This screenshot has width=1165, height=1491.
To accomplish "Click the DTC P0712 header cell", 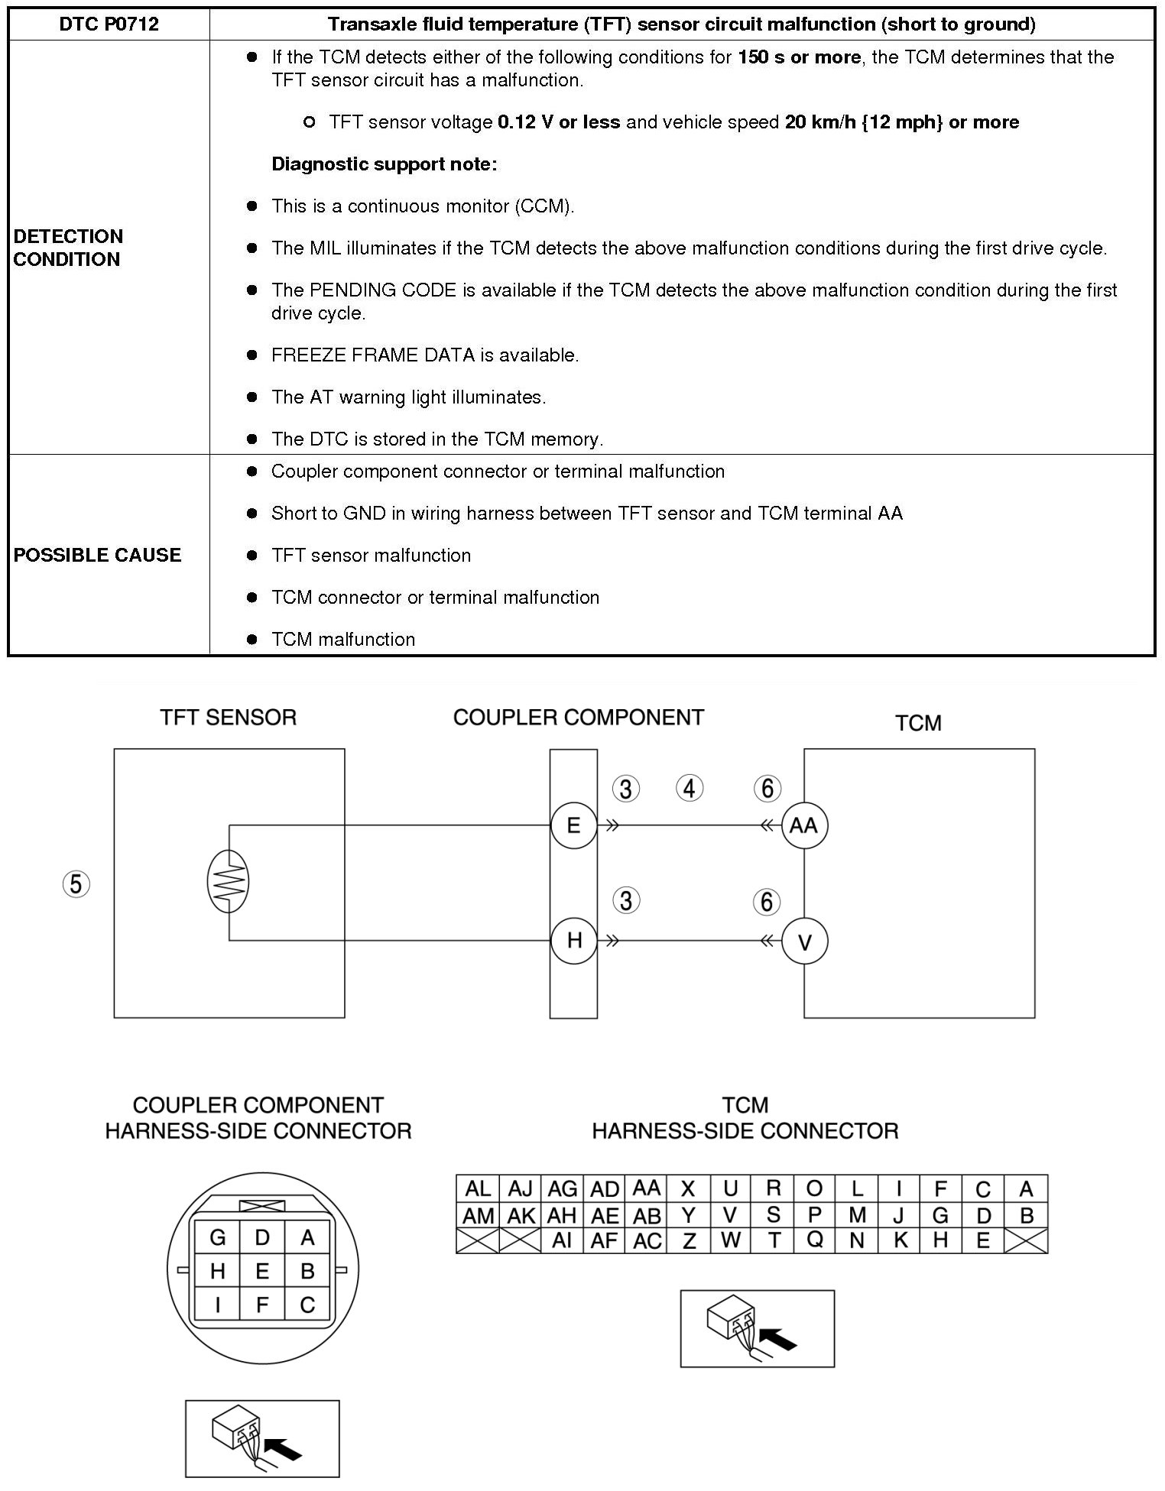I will pos(109,24).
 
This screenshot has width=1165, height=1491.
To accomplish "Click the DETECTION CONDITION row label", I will pos(68,248).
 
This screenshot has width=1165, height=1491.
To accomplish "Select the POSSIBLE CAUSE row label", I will pos(98,555).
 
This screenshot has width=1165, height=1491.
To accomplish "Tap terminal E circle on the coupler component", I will pos(573,826).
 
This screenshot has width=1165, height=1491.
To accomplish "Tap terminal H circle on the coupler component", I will pos(574,941).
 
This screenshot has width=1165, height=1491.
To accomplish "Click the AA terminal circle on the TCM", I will pos(804,826).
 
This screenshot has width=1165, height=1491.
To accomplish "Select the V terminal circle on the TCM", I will pos(804,942).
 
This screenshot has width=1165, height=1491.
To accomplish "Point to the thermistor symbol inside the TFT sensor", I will pos(228,883).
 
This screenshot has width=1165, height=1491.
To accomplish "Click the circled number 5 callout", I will pos(76,884).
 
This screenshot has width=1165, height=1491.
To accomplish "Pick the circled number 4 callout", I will pos(690,788).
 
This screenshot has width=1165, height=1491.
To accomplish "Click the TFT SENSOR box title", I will pos(228,717).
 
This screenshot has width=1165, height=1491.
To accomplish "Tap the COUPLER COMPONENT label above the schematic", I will pos(578,717).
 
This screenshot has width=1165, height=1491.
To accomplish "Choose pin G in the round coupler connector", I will pos(217,1237).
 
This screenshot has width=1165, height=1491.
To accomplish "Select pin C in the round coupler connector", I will pos(307,1305).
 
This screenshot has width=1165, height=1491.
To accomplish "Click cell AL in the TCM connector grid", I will pos(477,1189).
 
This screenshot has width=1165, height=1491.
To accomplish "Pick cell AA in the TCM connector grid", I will pos(647,1188).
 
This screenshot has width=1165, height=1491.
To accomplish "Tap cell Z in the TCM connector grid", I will pos(689,1241).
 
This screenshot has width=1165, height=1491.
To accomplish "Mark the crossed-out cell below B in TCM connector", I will pos(1026,1241).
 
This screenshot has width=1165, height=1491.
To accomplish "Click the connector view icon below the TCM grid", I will pos(757,1329).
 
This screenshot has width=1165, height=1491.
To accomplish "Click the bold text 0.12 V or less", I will pos(559,122).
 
